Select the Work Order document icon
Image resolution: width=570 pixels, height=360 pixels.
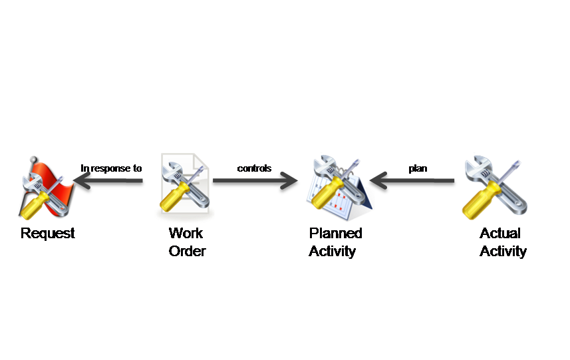coord(184,187)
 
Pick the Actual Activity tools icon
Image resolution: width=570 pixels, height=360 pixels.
coord(496,187)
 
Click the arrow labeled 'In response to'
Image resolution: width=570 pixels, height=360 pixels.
coord(110,181)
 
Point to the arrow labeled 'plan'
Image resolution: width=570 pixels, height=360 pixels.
coord(412,181)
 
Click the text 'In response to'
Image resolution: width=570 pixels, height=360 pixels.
coord(111,168)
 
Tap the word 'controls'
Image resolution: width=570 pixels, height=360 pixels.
coord(254,168)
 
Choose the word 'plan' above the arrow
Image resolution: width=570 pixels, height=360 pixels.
coord(418,168)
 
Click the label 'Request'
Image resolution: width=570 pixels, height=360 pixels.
coord(47,234)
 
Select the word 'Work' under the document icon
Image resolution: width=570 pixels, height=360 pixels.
coord(186,234)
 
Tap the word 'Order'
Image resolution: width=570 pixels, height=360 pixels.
coord(187,252)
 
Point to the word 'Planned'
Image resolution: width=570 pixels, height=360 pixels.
coord(336,234)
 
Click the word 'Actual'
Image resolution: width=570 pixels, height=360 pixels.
coord(500,234)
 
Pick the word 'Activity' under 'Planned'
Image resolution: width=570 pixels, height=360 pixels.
coord(333,252)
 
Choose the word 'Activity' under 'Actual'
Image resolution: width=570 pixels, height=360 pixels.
coord(503,252)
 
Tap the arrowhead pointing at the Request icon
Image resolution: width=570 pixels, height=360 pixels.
coord(80,181)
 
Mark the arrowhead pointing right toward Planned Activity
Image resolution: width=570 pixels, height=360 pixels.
coord(291,181)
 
